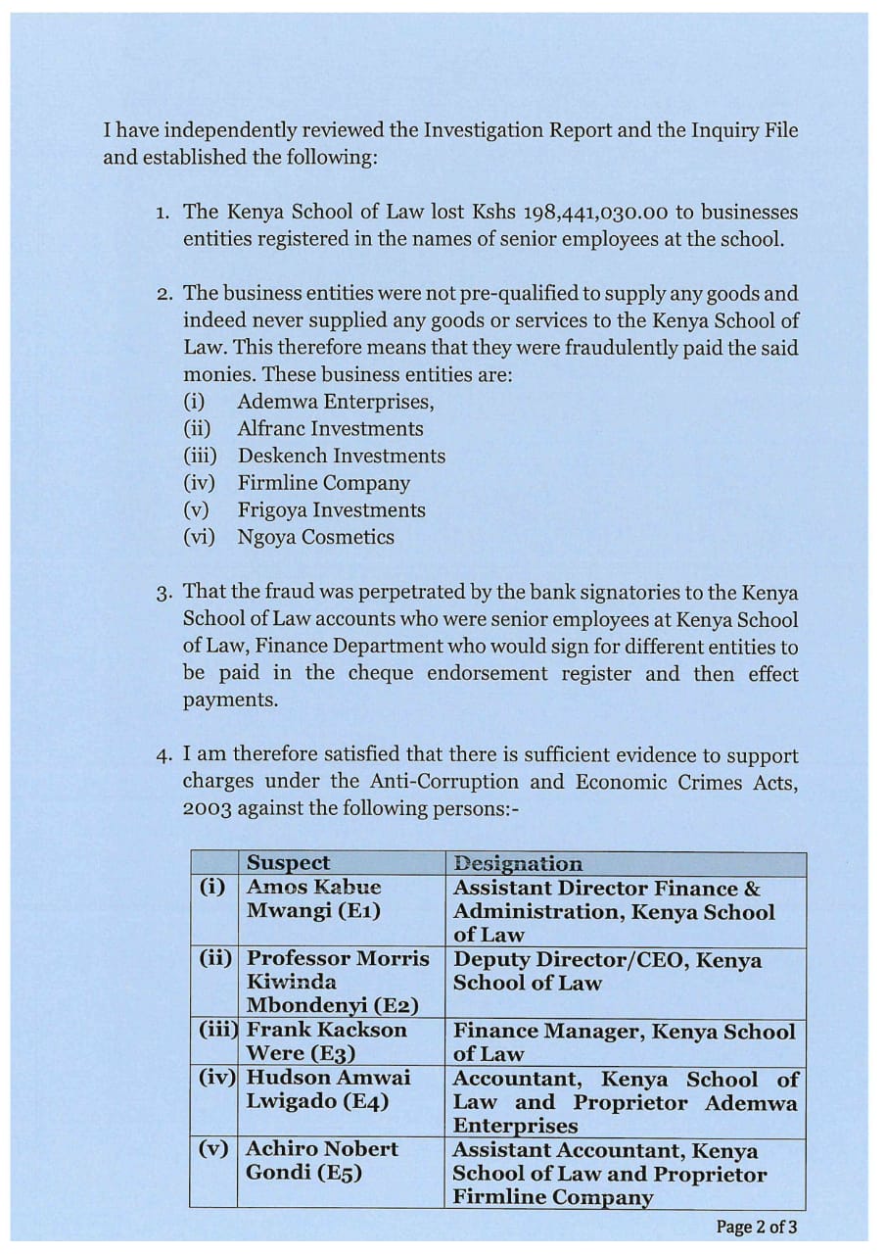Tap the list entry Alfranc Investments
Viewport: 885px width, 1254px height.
(330, 429)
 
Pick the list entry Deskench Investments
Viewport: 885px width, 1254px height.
(341, 457)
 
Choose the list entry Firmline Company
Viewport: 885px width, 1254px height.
(323, 483)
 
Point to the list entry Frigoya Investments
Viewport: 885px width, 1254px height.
(331, 510)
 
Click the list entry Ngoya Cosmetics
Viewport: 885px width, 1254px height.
(315, 538)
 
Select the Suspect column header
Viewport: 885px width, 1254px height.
(288, 863)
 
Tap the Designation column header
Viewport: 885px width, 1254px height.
(517, 864)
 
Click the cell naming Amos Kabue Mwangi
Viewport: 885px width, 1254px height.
(314, 899)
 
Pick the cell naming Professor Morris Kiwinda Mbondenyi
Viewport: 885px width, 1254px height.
(338, 982)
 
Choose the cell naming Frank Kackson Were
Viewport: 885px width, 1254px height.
(326, 1041)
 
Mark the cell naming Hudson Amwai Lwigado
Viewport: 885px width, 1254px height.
(328, 1089)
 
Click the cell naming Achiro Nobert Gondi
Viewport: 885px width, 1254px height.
(322, 1161)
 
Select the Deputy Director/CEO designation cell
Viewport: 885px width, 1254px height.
(607, 972)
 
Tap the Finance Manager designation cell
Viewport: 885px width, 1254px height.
(624, 1041)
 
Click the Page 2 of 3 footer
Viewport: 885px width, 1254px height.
(757, 1227)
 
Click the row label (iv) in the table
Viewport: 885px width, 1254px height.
(216, 1078)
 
